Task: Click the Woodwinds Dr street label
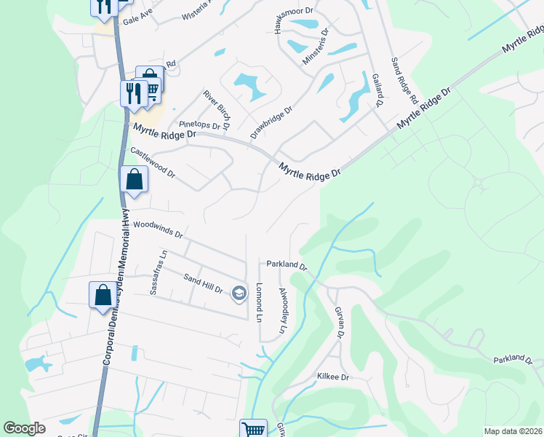coord(158,230)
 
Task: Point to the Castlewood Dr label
coord(152,162)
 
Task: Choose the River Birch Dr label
coord(217,109)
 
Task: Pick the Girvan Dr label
coord(338,321)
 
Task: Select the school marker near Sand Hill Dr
coord(238,294)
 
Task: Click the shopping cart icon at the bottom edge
coord(253,428)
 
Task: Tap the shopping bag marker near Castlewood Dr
coord(135,179)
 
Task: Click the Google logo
coord(25,428)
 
